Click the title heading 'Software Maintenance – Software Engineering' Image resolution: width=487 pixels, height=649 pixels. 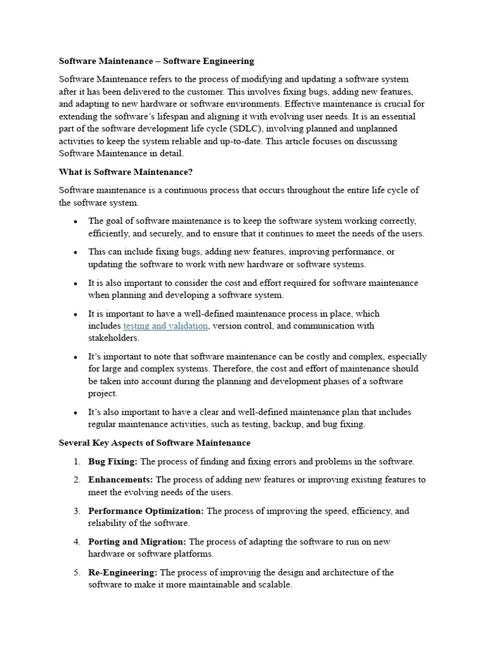[x=156, y=61]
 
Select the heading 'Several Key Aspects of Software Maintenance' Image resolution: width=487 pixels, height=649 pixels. [x=154, y=442]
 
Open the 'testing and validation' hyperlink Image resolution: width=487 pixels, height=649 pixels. [x=165, y=326]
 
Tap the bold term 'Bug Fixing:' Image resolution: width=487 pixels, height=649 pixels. [x=112, y=461]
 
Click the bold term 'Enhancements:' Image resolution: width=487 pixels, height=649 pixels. [x=120, y=480]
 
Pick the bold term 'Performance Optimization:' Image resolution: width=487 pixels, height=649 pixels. [x=146, y=511]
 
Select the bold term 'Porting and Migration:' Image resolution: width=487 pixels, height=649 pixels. [x=137, y=542]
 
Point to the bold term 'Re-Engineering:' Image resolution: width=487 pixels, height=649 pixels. [x=123, y=572]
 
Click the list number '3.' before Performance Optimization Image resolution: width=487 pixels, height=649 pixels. [x=76, y=511]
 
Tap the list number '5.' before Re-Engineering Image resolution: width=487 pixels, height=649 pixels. [x=76, y=572]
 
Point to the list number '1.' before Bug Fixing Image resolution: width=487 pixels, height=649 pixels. [x=76, y=461]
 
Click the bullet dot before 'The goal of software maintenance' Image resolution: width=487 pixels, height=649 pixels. [x=75, y=221]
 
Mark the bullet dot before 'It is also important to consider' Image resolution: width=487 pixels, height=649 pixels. [x=75, y=283]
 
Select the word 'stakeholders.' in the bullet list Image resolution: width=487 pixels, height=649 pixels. [x=113, y=338]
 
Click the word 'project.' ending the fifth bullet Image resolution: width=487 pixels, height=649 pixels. [x=103, y=394]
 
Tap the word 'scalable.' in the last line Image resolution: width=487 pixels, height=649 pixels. [x=273, y=585]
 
